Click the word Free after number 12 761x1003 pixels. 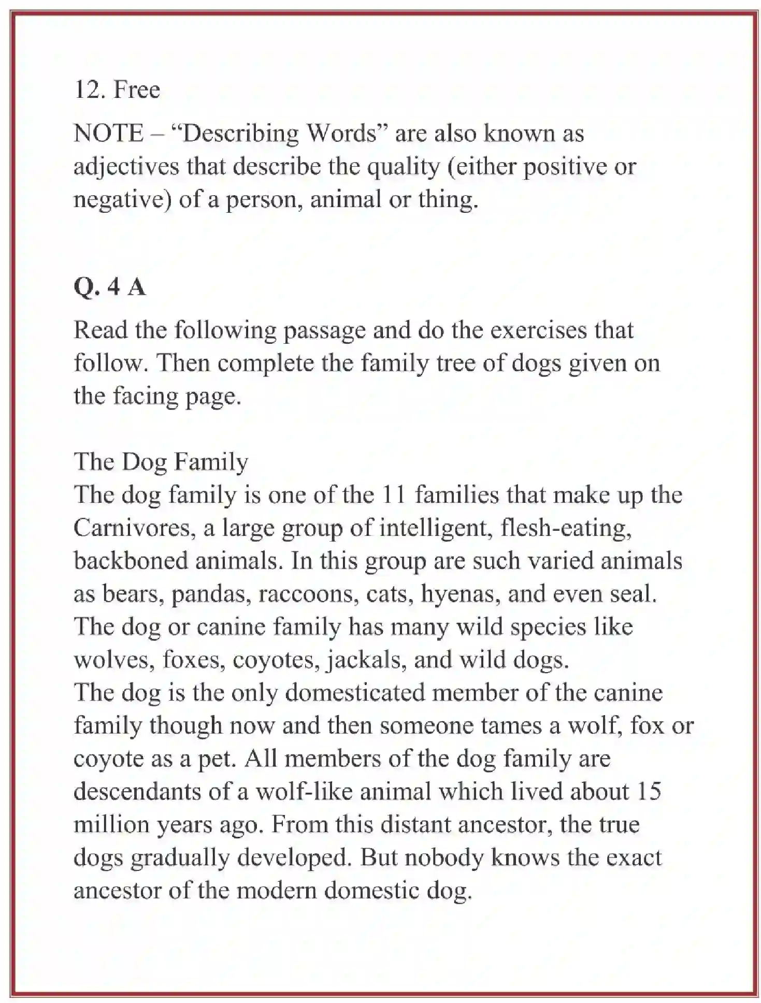(x=137, y=90)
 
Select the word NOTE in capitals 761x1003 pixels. (x=108, y=133)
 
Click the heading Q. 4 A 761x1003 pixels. (x=110, y=286)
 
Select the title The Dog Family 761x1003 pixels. (x=161, y=461)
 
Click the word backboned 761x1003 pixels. (x=131, y=561)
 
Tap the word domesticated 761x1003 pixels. (x=355, y=693)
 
